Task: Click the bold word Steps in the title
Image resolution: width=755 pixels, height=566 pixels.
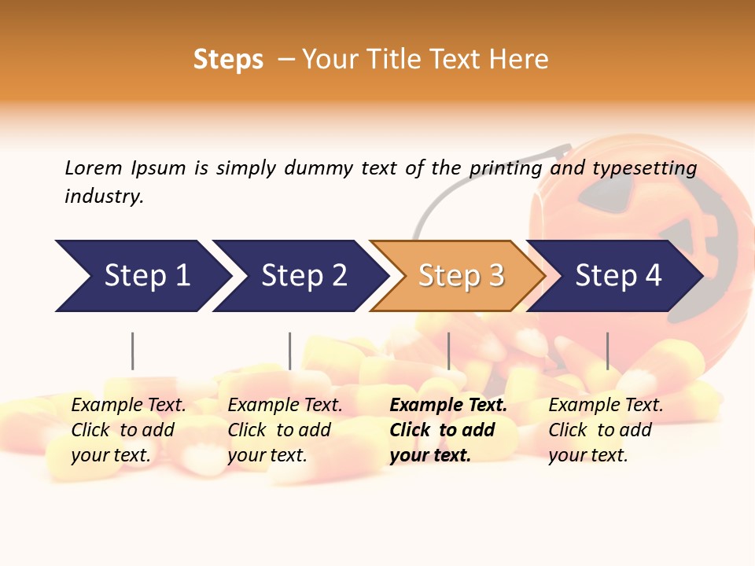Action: (228, 60)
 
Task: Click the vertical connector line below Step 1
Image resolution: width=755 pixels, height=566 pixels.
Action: (133, 351)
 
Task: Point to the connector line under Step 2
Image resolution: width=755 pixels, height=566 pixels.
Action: (290, 351)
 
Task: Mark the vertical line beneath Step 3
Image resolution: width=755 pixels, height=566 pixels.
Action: (449, 351)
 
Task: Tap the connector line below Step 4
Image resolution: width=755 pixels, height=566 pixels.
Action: (607, 351)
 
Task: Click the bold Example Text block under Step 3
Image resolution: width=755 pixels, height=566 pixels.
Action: (447, 430)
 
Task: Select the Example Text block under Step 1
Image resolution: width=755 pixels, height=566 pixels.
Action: (128, 430)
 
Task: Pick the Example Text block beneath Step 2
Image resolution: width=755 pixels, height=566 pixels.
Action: (285, 430)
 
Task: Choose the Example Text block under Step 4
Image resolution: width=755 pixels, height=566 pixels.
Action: (606, 430)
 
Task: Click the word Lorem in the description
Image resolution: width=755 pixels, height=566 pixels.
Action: (94, 167)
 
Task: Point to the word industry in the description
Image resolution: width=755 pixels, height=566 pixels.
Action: (104, 197)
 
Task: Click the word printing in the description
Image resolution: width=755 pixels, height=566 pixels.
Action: (505, 168)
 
